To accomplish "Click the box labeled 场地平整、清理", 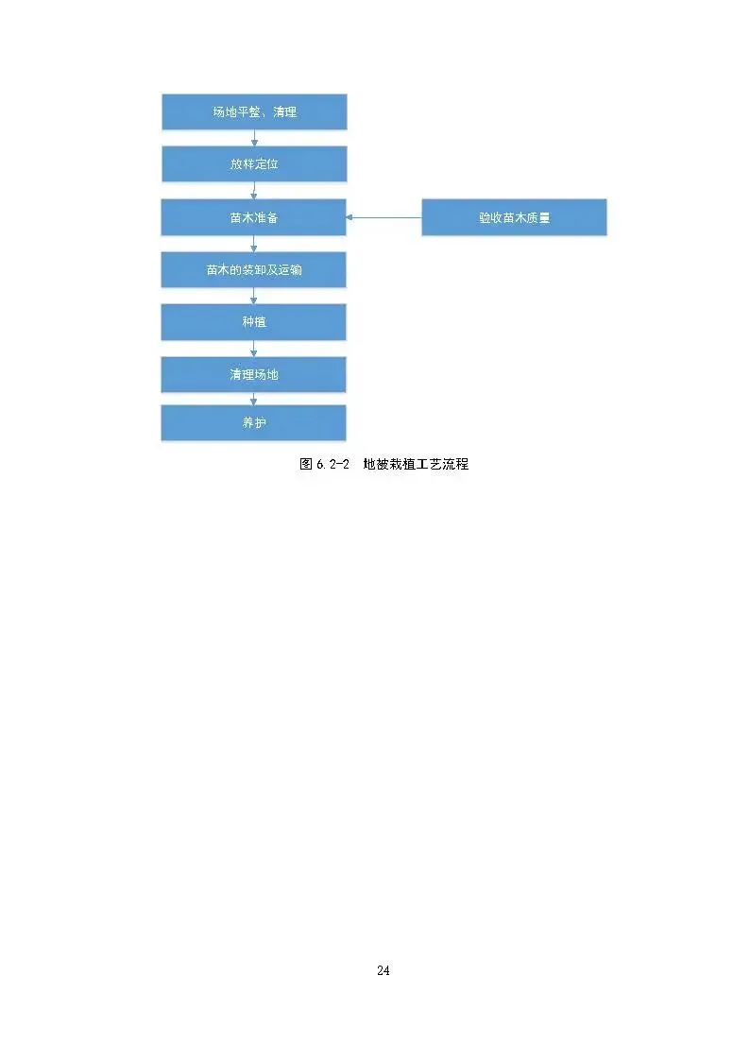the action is (254, 112).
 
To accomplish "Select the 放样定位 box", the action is (254, 164).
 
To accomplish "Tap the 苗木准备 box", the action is (254, 217).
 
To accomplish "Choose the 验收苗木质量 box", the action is (514, 217).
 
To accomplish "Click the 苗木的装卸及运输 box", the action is (254, 270).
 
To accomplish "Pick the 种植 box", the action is (254, 322).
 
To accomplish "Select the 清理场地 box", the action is (254, 374).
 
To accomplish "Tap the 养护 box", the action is (254, 423).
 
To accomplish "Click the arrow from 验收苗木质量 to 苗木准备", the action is (384, 217).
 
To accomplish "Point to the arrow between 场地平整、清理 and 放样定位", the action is (254, 138).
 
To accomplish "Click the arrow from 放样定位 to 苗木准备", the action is (254, 191).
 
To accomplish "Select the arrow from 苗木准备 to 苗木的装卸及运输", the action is (254, 244).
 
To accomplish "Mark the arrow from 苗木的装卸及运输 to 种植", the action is (254, 296).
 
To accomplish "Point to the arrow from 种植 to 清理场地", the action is (254, 349).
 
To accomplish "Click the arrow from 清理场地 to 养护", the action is (254, 400).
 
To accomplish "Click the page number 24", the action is (384, 970).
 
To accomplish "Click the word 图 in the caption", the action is (306, 465).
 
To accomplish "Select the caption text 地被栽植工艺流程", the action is (417, 465).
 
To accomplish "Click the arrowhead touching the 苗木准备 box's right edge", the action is (350, 217).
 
